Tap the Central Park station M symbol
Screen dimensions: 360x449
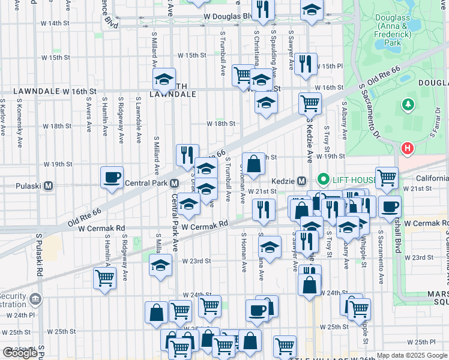174,183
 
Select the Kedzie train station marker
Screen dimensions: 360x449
305,181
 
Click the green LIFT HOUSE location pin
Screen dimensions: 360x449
324,179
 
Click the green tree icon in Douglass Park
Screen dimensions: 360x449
408,105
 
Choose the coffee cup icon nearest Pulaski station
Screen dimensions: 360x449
112,178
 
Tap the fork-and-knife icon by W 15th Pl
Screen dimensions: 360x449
306,64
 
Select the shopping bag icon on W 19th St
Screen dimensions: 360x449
253,164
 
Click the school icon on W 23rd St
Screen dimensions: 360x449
160,265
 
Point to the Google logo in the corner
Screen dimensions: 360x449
20,353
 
